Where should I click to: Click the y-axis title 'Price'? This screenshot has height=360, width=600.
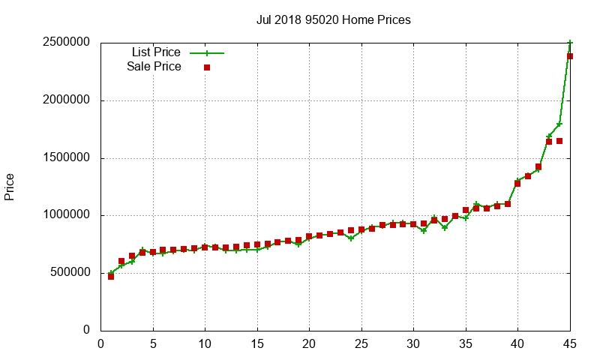click(10, 187)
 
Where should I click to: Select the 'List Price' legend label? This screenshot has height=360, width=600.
click(156, 52)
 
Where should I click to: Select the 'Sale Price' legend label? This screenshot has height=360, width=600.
click(154, 67)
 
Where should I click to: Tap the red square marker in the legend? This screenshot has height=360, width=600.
click(207, 67)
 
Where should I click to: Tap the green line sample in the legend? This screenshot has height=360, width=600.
click(207, 53)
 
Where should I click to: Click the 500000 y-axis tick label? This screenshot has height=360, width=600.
click(68, 273)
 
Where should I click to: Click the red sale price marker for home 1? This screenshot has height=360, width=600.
click(111, 276)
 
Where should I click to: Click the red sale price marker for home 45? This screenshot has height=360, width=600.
click(570, 56)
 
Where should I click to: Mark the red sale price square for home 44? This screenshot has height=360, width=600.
click(559, 141)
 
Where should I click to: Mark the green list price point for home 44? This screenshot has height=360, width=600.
click(559, 124)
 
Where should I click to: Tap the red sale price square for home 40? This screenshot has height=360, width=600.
click(517, 184)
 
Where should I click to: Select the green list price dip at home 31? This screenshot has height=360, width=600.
click(424, 230)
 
